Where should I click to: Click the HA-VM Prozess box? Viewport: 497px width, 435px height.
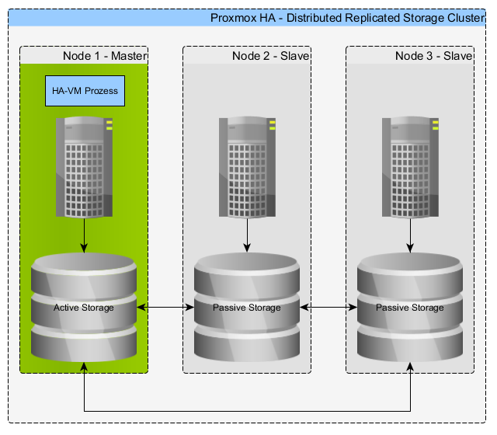pyautogui.click(x=85, y=91)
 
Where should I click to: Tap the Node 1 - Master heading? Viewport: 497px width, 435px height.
pyautogui.click(x=105, y=56)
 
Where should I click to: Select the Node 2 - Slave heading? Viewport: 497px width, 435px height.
pyautogui.click(x=271, y=56)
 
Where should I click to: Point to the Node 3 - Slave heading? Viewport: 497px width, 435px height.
pyautogui.click(x=433, y=56)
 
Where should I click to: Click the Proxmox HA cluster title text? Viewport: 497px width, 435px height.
pyautogui.click(x=348, y=18)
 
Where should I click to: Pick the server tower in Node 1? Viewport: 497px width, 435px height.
pyautogui.click(x=84, y=167)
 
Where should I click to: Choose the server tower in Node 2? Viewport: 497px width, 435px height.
pyautogui.click(x=247, y=167)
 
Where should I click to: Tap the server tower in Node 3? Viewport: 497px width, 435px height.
pyautogui.click(x=410, y=167)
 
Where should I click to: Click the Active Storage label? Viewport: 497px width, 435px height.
pyautogui.click(x=84, y=308)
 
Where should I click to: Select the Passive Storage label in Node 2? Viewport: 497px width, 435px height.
pyautogui.click(x=247, y=308)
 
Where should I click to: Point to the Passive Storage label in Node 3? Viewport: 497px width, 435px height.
pyautogui.click(x=410, y=308)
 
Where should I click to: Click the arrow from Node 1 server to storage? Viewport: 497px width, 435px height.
pyautogui.click(x=84, y=235)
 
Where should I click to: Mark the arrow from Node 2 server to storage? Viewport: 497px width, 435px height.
pyautogui.click(x=247, y=235)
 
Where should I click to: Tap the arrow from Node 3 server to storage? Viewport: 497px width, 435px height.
pyautogui.click(x=410, y=235)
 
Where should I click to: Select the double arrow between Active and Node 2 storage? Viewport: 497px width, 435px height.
pyautogui.click(x=165, y=308)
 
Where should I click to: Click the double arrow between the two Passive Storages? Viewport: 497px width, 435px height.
pyautogui.click(x=328, y=308)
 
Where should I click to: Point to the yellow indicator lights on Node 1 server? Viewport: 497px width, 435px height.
pyautogui.click(x=109, y=125)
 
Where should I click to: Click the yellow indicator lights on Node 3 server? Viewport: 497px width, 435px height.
pyautogui.click(x=436, y=125)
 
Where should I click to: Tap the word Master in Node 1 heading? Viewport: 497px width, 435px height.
pyautogui.click(x=129, y=56)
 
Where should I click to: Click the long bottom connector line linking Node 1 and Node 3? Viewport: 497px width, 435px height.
pyautogui.click(x=247, y=411)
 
